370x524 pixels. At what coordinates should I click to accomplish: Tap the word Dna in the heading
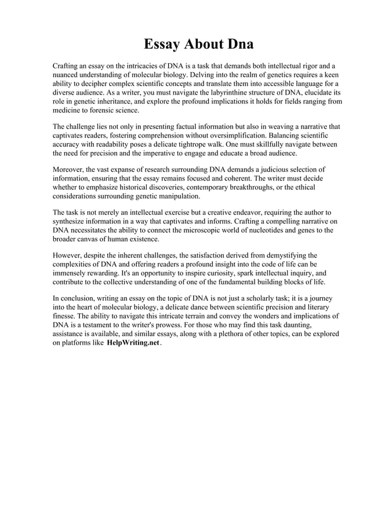point(239,45)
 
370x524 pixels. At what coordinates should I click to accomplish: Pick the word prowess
point(192,325)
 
